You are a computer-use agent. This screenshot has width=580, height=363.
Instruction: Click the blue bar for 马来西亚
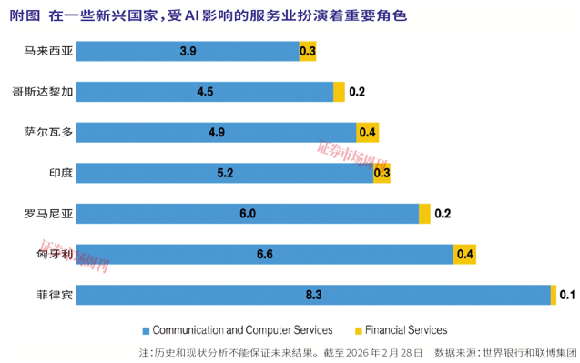click(x=188, y=51)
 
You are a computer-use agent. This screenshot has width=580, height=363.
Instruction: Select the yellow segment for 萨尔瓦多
click(x=367, y=132)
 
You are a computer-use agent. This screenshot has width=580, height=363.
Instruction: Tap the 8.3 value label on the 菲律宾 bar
click(x=313, y=295)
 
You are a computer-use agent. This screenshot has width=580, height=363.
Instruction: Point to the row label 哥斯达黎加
click(x=43, y=92)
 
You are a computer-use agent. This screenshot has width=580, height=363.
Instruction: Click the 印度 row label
click(x=61, y=173)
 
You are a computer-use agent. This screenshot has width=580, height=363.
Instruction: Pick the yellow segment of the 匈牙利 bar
click(x=464, y=255)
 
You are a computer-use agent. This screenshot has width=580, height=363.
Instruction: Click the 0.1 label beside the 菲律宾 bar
click(x=567, y=295)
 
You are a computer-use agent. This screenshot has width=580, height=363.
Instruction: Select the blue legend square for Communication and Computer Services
click(x=146, y=331)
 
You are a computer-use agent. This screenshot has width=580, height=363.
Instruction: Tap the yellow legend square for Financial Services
click(x=359, y=331)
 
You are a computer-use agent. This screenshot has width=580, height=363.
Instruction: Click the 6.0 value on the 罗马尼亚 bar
click(x=248, y=214)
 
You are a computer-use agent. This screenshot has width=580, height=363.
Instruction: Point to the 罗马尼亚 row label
click(x=49, y=214)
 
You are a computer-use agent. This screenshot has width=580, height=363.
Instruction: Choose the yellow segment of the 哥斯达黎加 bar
click(x=339, y=92)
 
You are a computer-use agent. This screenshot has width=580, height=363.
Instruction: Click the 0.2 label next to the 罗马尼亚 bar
click(x=443, y=214)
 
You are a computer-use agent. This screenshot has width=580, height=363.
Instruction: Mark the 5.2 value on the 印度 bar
click(x=225, y=173)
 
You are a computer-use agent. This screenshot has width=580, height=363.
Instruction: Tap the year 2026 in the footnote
click(x=358, y=353)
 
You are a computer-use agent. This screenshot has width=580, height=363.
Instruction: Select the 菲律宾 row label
click(x=55, y=295)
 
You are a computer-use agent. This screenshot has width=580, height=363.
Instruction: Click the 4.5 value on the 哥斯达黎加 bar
click(x=205, y=92)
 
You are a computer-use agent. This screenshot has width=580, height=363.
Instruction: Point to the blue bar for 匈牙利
click(x=265, y=255)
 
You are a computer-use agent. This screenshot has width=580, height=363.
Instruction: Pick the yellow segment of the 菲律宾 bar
click(x=554, y=295)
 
